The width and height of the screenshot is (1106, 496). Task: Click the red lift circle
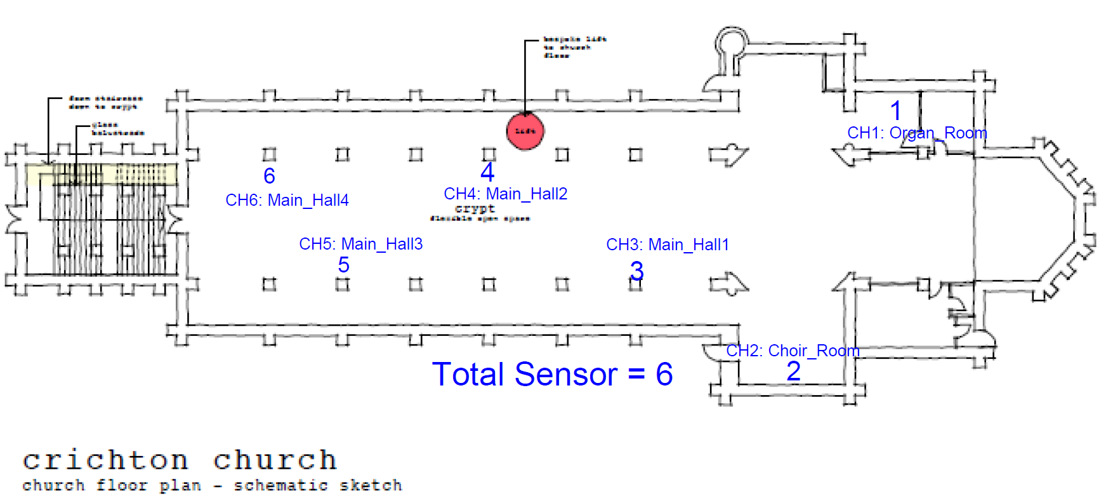[525, 131]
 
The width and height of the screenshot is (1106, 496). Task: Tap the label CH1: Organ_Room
[917, 133]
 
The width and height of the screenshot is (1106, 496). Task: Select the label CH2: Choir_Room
[793, 351]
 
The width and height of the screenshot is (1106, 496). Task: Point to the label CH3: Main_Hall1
[668, 245]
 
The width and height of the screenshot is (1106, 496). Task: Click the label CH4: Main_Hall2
[505, 194]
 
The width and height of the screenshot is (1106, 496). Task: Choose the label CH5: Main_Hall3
[360, 244]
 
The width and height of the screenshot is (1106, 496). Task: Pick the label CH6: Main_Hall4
[287, 200]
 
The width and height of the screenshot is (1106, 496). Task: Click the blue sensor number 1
[895, 111]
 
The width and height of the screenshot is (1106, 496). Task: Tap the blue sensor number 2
[793, 372]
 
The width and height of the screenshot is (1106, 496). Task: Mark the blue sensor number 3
[636, 271]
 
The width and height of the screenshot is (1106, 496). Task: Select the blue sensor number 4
[487, 172]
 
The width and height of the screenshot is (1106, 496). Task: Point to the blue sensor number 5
[343, 265]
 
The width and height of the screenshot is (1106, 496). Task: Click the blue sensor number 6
[269, 176]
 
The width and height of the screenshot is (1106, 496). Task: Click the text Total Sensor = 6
[552, 374]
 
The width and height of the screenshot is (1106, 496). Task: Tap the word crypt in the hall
[475, 208]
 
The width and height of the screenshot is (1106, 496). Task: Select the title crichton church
[180, 460]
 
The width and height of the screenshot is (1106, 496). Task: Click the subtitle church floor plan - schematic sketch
[212, 485]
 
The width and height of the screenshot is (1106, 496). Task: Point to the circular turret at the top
[732, 43]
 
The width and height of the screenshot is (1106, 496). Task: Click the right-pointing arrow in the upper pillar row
[728, 154]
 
